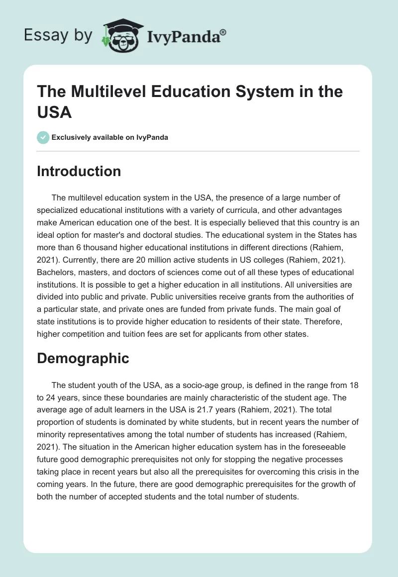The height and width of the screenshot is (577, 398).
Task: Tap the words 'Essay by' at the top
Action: pos(59,36)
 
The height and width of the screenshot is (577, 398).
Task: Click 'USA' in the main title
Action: pos(54,112)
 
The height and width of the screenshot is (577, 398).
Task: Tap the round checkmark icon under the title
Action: pos(44,137)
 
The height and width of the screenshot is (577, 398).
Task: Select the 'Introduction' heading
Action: pos(79,172)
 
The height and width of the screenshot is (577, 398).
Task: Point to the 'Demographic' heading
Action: pos(83,358)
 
